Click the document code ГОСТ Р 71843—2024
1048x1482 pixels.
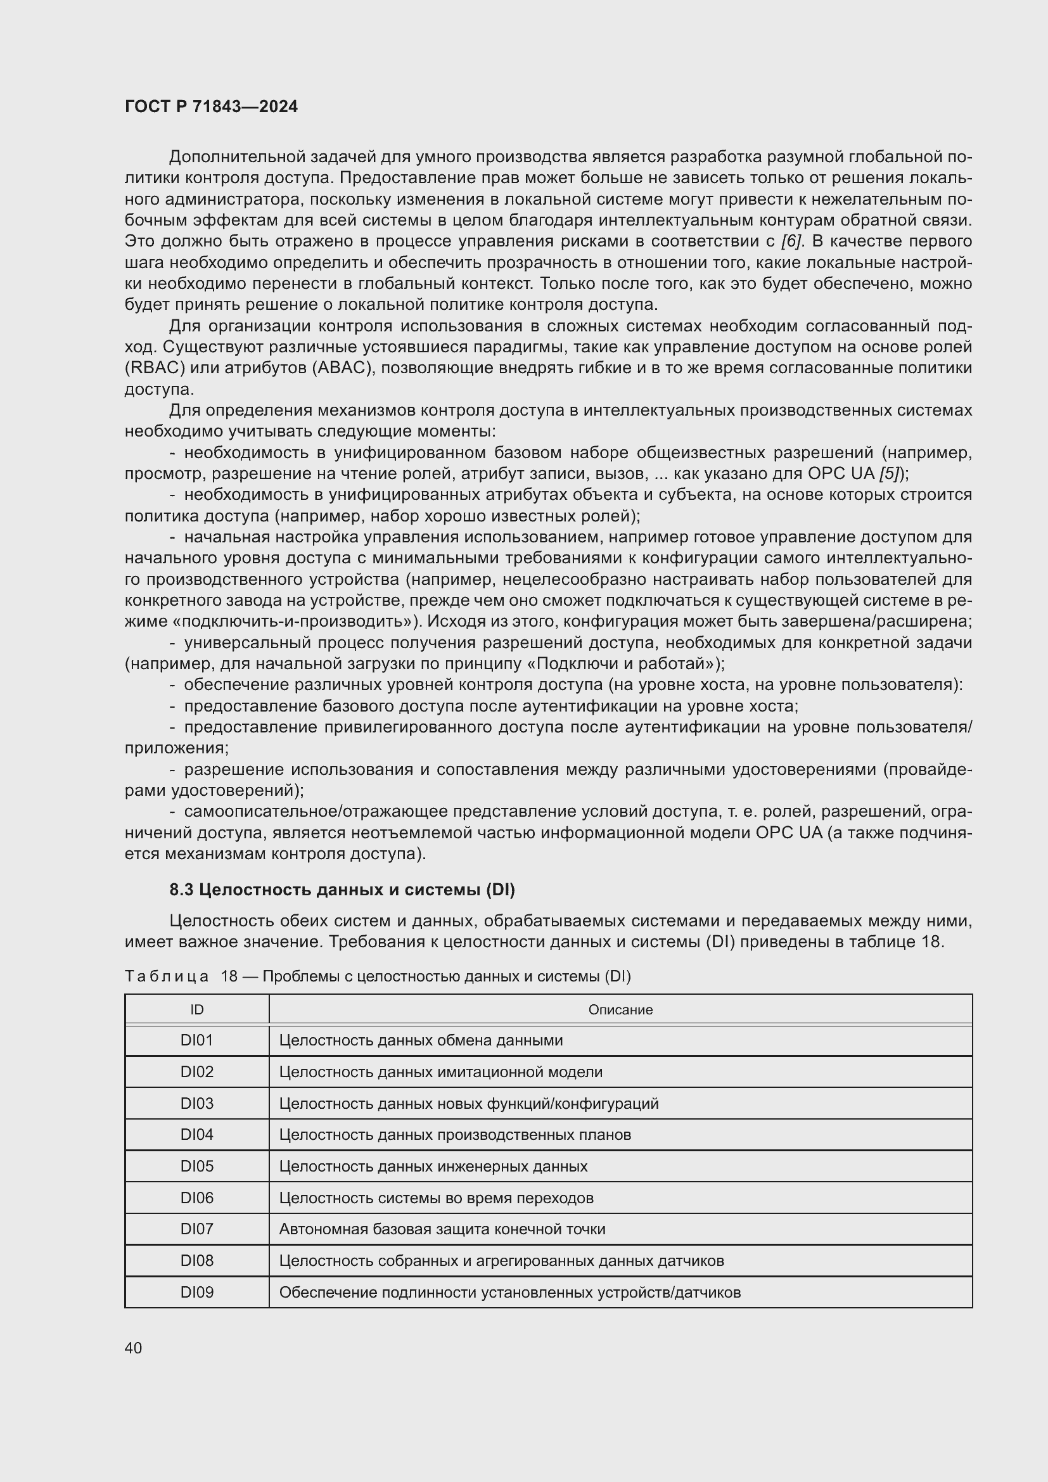coord(211,107)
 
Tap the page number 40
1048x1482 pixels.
coord(134,1348)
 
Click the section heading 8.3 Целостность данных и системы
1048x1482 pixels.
coord(342,890)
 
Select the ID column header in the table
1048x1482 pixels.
coord(197,1009)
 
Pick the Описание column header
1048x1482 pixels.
coord(620,1009)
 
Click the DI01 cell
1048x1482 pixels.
coord(197,1040)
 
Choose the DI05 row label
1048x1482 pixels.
coord(197,1166)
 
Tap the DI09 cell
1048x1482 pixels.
coord(197,1292)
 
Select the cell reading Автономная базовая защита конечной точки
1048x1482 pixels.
coord(442,1229)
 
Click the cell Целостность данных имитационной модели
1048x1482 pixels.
coord(441,1072)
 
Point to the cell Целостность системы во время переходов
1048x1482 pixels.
coord(436,1198)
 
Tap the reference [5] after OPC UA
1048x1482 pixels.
coord(890,474)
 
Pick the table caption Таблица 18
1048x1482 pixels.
coord(377,976)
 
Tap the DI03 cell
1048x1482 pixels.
coord(197,1103)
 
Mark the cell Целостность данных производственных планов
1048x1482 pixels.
coord(455,1135)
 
